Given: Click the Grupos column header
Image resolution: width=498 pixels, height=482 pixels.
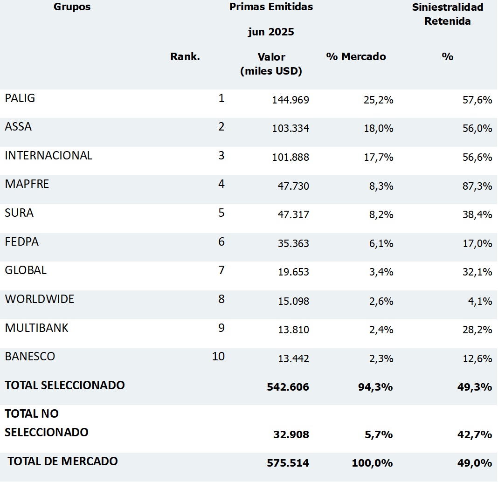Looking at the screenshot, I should click(x=72, y=7).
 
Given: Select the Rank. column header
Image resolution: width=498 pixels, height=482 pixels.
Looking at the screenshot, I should click(x=185, y=57).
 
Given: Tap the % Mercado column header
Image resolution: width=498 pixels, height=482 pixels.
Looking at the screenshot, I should click(x=356, y=57).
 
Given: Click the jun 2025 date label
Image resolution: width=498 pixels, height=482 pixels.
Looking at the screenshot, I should click(x=270, y=32).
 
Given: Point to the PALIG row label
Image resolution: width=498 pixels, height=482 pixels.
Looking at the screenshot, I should click(x=20, y=98).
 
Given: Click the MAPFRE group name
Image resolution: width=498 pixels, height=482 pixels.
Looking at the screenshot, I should click(x=27, y=184).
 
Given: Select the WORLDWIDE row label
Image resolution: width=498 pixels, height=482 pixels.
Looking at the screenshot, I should click(x=40, y=299).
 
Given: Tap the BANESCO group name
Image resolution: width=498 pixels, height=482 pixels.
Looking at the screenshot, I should click(x=30, y=357).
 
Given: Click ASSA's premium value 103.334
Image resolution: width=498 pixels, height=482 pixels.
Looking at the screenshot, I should click(x=290, y=129).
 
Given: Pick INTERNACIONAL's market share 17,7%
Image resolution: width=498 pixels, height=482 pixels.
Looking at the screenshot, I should click(x=379, y=158).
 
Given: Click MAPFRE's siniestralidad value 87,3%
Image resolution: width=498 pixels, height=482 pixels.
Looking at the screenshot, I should click(x=477, y=186).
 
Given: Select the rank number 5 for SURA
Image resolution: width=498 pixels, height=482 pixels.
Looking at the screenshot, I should click(x=221, y=213).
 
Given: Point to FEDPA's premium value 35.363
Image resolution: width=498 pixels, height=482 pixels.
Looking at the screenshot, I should click(x=290, y=244).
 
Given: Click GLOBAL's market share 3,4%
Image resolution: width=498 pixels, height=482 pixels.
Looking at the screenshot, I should click(x=381, y=272).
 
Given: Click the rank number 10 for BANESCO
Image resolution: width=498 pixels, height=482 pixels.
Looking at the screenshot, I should click(x=218, y=357).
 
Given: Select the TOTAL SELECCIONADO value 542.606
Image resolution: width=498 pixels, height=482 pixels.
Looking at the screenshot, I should click(x=288, y=387).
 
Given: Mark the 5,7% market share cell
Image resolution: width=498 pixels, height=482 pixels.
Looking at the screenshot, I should click(x=380, y=435).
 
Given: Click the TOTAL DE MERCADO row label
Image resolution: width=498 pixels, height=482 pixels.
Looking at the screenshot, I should click(x=62, y=461).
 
